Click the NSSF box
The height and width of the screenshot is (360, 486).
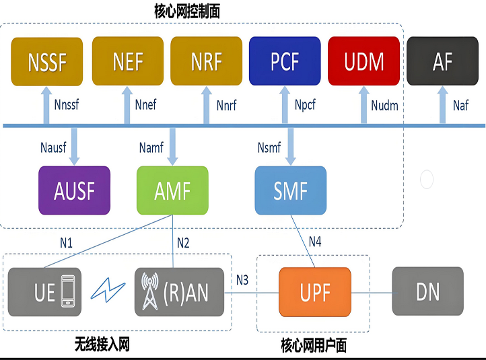47,62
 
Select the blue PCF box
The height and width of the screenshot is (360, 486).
285,61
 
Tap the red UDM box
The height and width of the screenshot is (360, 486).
364,61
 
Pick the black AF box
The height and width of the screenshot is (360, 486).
443,61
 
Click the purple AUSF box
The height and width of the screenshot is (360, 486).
75,190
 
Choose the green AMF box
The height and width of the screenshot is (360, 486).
172,190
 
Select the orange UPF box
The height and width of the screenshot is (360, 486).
315,292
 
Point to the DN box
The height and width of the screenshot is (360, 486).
427,291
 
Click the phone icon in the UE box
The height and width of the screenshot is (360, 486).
68,291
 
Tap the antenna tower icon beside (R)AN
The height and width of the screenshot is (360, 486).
150,291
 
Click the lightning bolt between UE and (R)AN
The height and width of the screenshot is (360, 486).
108,290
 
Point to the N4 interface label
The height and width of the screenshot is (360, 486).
315,242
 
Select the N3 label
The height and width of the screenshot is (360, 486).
242,280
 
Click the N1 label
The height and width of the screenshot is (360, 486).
67,243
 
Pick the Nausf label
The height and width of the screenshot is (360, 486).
53,147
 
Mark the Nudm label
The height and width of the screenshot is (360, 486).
384,106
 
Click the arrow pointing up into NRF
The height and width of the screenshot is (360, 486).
207,105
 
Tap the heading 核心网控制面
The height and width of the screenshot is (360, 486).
187,11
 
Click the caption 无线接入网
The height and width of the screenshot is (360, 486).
102,345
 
